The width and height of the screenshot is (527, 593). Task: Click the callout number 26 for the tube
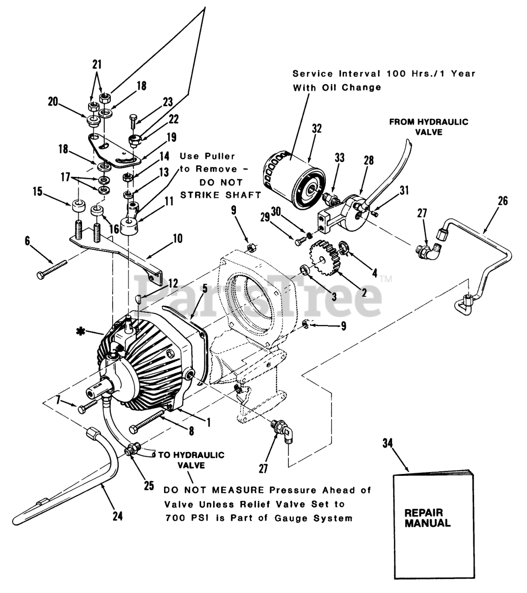tap(503, 201)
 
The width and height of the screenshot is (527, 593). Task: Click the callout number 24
tap(118, 515)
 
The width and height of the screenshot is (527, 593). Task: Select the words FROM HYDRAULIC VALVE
tap(429, 126)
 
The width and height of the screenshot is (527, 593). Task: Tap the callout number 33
tap(340, 158)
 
